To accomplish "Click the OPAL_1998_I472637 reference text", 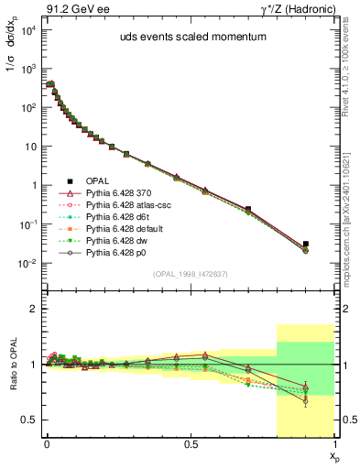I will coord(190,274).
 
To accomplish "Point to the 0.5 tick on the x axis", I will coord(191,442).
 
